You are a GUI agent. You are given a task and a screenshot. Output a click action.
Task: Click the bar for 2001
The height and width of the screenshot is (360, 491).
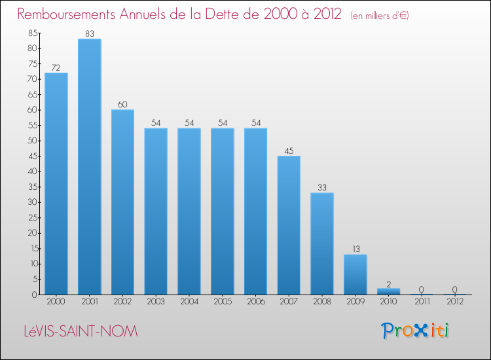pos(89,167)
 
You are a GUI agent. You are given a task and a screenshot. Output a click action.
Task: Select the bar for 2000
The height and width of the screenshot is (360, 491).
pos(56,183)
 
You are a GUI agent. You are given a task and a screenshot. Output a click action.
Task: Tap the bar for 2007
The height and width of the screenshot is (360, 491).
pos(289,225)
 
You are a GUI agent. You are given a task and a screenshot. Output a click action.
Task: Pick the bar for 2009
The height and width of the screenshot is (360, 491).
pos(355,274)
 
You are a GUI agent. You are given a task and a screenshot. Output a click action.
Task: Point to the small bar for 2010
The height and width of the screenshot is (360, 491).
pos(389,291)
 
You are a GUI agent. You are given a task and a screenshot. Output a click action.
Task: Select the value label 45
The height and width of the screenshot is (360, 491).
pos(289,151)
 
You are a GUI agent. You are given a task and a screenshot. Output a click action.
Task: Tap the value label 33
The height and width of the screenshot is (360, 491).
pos(322,187)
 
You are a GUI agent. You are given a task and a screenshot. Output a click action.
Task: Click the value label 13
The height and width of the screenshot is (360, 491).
pos(355,249)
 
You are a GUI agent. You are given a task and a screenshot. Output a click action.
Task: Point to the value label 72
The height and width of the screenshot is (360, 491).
pos(56,67)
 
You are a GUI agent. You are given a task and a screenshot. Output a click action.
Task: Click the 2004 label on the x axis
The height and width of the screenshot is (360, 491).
pos(189,302)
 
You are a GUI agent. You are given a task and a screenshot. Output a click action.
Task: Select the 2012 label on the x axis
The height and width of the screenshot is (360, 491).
pos(455,302)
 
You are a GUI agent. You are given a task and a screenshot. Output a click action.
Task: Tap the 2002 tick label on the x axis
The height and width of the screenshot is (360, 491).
pos(122,302)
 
